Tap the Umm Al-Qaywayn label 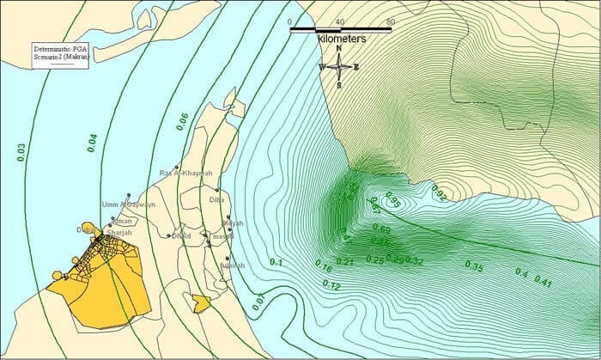pos(128,204)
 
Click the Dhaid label pos(181,235)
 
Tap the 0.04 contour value pos(92,142)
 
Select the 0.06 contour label pos(182,121)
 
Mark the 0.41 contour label pos(543,281)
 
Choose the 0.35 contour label pos(474,265)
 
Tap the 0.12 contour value pos(332,284)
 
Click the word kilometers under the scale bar pos(342,40)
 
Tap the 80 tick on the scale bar pos(391,21)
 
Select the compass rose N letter pos(339,48)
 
